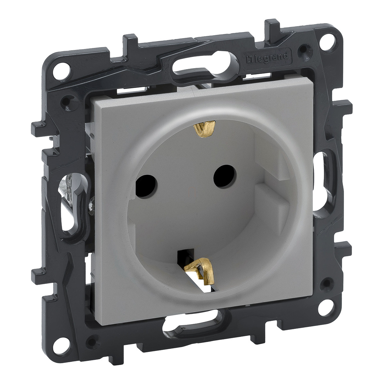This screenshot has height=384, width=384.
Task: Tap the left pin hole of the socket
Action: click(x=146, y=186)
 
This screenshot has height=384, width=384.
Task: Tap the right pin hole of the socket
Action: click(x=225, y=176)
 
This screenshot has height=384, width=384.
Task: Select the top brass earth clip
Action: click(x=205, y=129)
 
